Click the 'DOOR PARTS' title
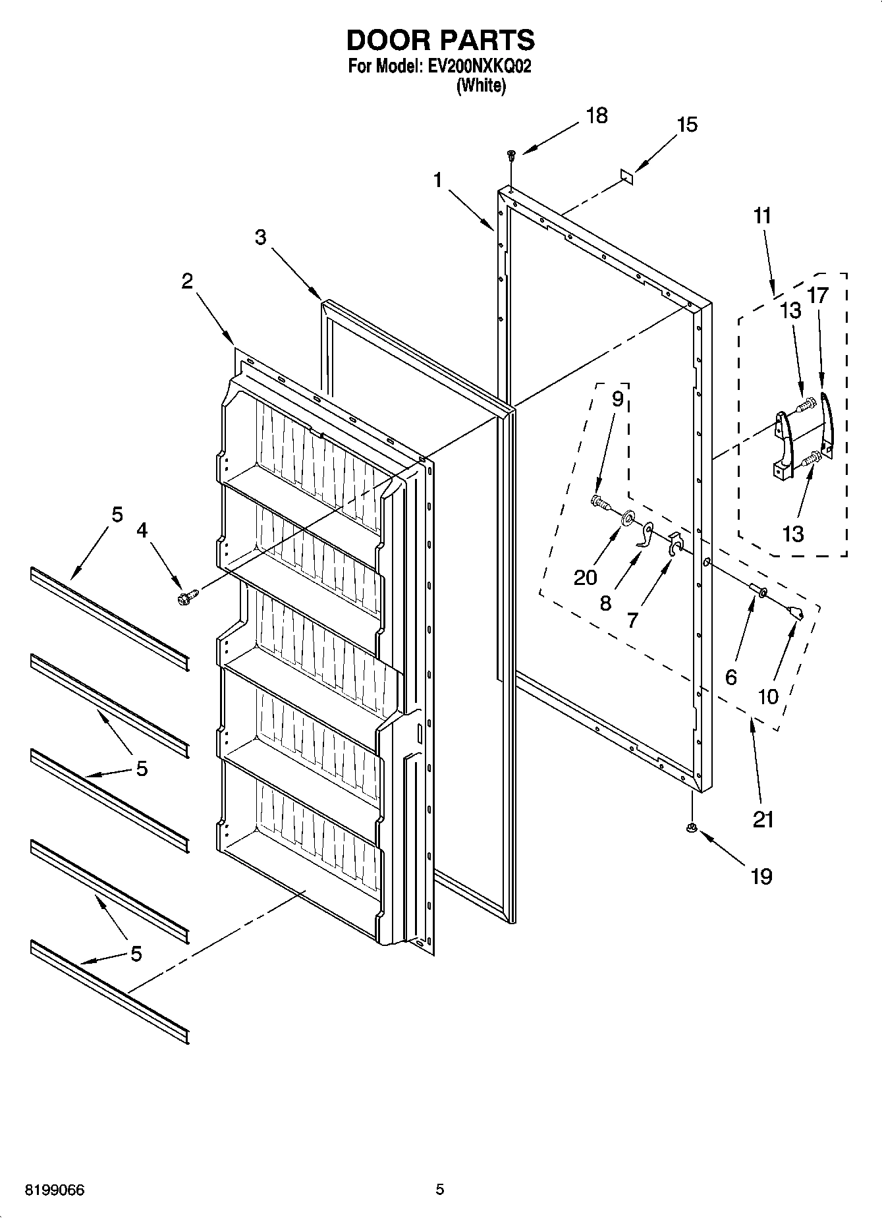point(440,40)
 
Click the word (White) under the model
point(481,86)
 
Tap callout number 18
point(597,115)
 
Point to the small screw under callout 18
point(510,155)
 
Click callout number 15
point(686,125)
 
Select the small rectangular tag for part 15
point(626,175)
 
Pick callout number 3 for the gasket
point(260,237)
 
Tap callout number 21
point(762,819)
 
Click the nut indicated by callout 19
point(691,829)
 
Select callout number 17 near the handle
point(817,296)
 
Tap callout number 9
point(617,400)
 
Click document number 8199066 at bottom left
point(55,1190)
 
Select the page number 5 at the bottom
point(439,1189)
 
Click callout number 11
point(761,216)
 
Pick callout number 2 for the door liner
point(187,281)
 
